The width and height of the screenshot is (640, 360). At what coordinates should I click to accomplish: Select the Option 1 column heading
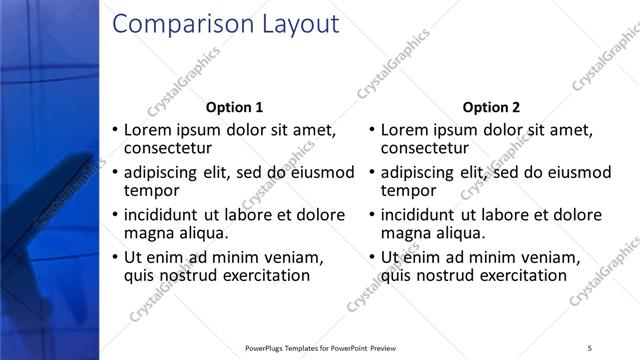[234, 107]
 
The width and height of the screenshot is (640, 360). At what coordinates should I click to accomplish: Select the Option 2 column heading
[492, 107]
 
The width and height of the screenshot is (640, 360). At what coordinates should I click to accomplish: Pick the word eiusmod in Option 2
[578, 172]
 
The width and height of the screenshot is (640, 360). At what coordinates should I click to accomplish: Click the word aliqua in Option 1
[203, 233]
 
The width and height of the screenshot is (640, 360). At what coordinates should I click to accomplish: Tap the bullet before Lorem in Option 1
[115, 130]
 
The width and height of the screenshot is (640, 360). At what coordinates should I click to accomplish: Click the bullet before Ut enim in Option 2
[373, 257]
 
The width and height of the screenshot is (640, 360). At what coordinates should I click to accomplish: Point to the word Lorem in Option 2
[406, 130]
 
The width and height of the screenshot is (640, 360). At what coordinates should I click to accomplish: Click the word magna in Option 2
[407, 233]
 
